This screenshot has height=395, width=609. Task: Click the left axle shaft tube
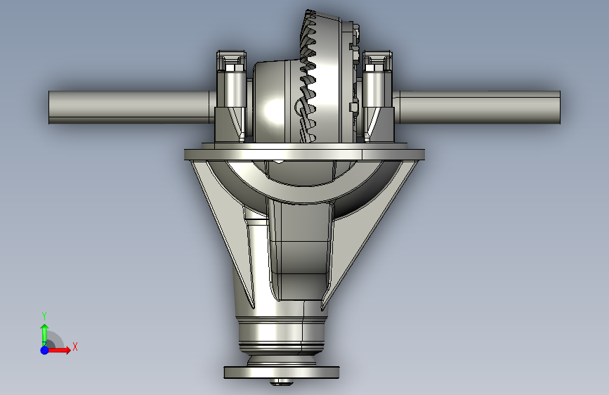[126, 108]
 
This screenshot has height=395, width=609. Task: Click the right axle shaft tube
[478, 108]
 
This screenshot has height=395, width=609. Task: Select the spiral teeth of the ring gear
[310, 84]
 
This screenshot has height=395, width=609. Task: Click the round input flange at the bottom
[282, 372]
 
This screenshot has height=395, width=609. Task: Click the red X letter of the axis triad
[74, 347]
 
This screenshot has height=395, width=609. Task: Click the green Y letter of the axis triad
[44, 316]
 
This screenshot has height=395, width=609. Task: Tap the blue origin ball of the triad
[44, 349]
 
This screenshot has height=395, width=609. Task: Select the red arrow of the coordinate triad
[60, 349]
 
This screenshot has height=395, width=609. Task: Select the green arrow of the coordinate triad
[44, 332]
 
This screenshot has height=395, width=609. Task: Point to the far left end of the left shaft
[51, 108]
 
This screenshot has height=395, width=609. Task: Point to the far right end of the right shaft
[558, 108]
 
